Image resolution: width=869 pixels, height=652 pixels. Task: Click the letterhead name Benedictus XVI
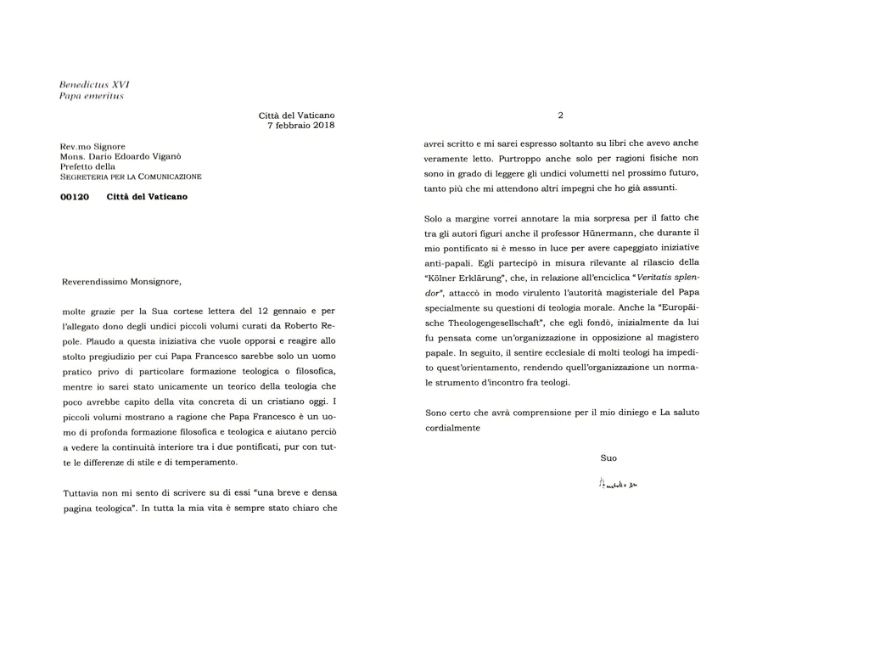click(x=94, y=85)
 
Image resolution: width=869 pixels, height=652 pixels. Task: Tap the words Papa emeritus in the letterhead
click(x=92, y=96)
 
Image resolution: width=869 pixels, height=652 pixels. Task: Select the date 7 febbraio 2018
click(x=301, y=126)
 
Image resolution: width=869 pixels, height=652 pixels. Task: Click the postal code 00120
click(x=76, y=197)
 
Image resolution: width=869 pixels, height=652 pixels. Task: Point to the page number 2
click(x=560, y=115)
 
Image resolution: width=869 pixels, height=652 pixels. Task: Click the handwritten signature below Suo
click(x=618, y=484)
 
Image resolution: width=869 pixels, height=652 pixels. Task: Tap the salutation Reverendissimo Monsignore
click(x=122, y=282)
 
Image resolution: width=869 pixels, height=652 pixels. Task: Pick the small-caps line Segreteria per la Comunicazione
click(x=131, y=177)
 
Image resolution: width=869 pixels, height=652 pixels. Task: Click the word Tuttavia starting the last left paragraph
click(x=83, y=493)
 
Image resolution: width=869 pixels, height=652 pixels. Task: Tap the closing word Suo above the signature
click(x=608, y=458)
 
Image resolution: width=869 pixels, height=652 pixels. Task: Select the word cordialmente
click(x=453, y=428)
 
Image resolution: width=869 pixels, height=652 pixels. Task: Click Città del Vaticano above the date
click(x=297, y=115)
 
